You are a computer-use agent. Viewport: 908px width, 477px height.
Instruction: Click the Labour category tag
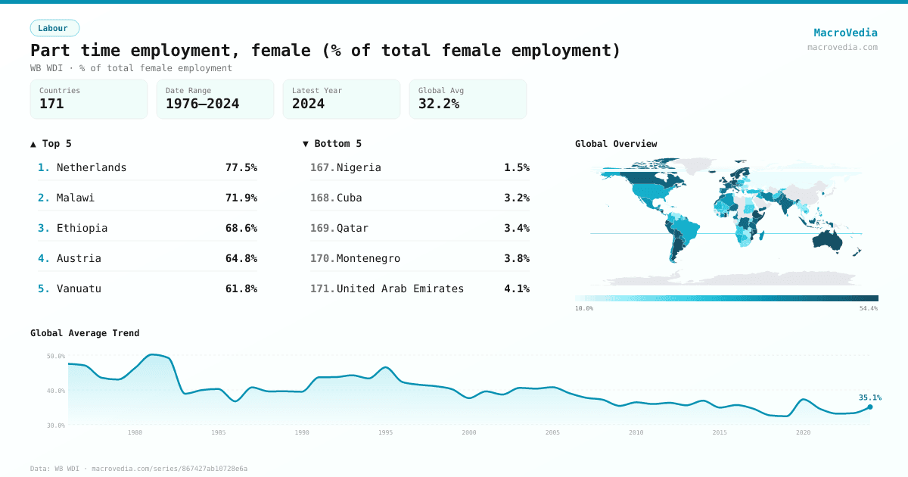coord(54,28)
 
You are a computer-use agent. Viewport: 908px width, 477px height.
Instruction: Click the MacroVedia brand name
coord(845,33)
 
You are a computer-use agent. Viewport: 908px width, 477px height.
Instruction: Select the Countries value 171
coord(51,104)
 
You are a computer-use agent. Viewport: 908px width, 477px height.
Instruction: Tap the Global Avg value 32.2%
coord(438,104)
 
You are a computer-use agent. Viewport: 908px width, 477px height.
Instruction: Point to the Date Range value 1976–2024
coord(202,104)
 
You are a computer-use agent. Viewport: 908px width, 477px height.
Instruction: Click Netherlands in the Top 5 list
coord(92,167)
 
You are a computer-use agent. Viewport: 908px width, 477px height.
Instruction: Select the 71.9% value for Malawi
coord(241,198)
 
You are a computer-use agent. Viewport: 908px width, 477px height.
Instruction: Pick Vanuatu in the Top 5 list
coord(79,288)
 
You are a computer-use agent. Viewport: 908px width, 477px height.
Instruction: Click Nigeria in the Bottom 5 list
coord(359,167)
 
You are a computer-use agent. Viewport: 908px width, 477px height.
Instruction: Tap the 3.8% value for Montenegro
coord(516,258)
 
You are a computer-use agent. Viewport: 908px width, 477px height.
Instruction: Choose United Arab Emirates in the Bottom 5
coord(400,288)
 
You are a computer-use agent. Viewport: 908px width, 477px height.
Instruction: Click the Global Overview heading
coord(616,144)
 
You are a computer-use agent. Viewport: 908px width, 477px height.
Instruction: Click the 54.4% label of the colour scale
coord(868,308)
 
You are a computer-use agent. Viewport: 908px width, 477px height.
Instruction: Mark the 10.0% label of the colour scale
coord(584,308)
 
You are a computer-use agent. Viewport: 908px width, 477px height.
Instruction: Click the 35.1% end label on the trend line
coord(869,397)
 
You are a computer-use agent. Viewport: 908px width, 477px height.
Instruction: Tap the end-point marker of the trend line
coord(870,407)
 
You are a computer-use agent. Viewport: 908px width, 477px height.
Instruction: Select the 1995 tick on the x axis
coord(385,432)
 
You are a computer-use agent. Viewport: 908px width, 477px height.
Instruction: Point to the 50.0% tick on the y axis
coord(56,356)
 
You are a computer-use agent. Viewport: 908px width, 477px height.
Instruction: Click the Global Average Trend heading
coord(85,333)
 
